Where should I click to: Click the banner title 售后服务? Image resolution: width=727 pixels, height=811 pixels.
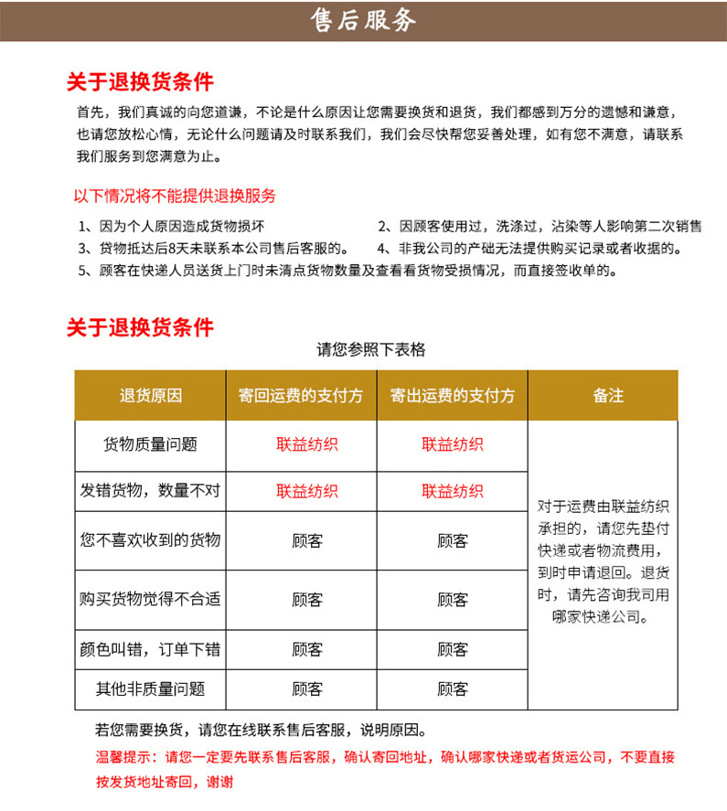[x=363, y=20]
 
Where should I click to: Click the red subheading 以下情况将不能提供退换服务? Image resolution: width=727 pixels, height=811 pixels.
[x=175, y=196]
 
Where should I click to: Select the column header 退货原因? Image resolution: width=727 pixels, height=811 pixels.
[x=151, y=396]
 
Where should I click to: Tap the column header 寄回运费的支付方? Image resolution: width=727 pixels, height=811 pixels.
[x=301, y=396]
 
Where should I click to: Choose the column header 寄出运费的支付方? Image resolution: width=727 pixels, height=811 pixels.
[x=452, y=396]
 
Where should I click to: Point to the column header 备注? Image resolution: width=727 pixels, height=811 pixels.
[x=603, y=396]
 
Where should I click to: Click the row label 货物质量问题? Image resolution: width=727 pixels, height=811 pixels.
[x=151, y=445]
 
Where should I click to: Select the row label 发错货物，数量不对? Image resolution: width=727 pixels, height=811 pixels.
[x=151, y=492]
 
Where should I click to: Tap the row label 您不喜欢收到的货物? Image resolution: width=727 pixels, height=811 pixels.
[x=151, y=540]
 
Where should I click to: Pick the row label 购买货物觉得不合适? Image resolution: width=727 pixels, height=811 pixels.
[x=151, y=600]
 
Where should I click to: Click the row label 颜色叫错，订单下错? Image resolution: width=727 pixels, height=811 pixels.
[x=151, y=649]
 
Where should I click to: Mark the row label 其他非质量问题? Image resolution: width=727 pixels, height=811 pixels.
[x=151, y=689]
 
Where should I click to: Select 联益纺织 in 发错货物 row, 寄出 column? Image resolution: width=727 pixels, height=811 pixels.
[x=452, y=492]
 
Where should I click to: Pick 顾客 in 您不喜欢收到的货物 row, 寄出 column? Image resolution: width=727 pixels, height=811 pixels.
[x=452, y=541]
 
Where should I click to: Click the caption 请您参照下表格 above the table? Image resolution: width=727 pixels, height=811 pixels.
[x=370, y=349]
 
